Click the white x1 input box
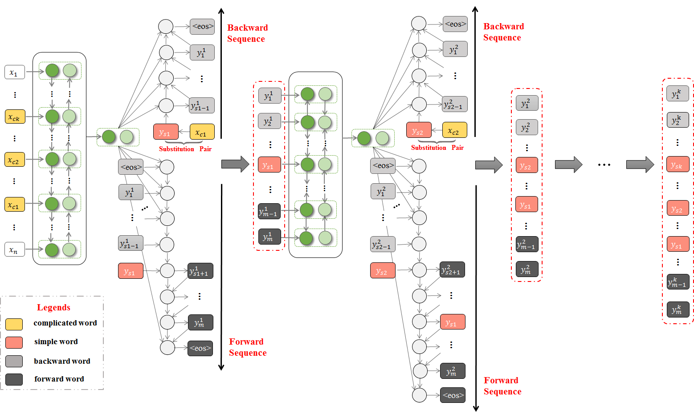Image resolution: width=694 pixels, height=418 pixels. click(x=15, y=72)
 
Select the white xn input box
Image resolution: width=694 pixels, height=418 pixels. click(x=15, y=249)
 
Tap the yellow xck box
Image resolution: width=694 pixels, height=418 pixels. click(x=15, y=117)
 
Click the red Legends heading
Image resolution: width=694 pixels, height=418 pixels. click(x=53, y=307)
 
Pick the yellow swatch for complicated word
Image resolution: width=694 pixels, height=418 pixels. click(x=14, y=324)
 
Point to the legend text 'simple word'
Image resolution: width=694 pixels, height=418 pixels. click(x=56, y=342)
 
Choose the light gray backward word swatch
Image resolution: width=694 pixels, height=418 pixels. click(x=14, y=361)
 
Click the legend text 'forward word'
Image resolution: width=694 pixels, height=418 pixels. click(x=59, y=379)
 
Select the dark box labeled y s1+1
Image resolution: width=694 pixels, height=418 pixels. click(x=200, y=271)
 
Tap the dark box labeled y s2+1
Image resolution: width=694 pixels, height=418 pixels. click(x=452, y=269)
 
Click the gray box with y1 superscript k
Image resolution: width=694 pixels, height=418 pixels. click(x=678, y=93)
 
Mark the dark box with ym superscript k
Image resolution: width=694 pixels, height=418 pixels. click(x=678, y=309)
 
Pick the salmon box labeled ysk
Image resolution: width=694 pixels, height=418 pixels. click(x=678, y=164)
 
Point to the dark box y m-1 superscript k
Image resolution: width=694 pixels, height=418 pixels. click(x=678, y=281)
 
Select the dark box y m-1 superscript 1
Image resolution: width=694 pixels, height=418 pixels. click(x=269, y=211)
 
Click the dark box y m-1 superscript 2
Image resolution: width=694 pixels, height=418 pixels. click(x=527, y=244)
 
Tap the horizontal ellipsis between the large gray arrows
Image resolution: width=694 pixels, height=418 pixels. click(x=604, y=165)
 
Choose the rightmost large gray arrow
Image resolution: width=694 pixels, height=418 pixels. click(x=640, y=164)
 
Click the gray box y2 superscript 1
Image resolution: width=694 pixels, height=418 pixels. click(x=269, y=121)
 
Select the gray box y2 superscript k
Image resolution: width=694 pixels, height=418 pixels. click(x=678, y=120)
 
